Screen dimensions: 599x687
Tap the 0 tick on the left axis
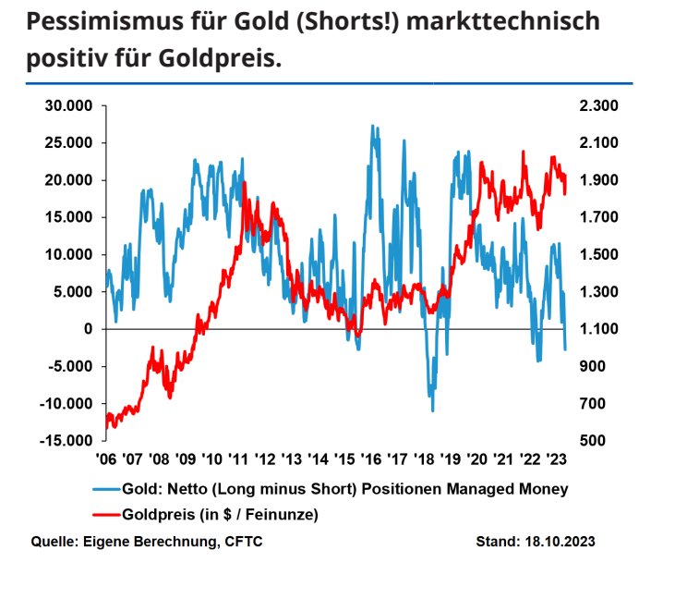(x=90, y=329)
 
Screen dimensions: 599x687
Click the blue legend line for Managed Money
(x=106, y=488)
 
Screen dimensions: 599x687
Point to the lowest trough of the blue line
(x=432, y=410)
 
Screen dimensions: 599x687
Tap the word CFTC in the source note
(x=244, y=542)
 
